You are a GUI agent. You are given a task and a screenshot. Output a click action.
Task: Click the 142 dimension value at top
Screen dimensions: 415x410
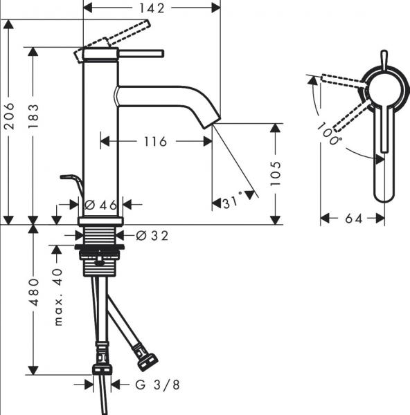tap(151, 8)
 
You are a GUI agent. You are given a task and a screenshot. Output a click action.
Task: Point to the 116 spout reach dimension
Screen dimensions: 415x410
tap(155, 142)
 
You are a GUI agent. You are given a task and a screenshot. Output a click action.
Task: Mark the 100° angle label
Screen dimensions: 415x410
tap(330, 134)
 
